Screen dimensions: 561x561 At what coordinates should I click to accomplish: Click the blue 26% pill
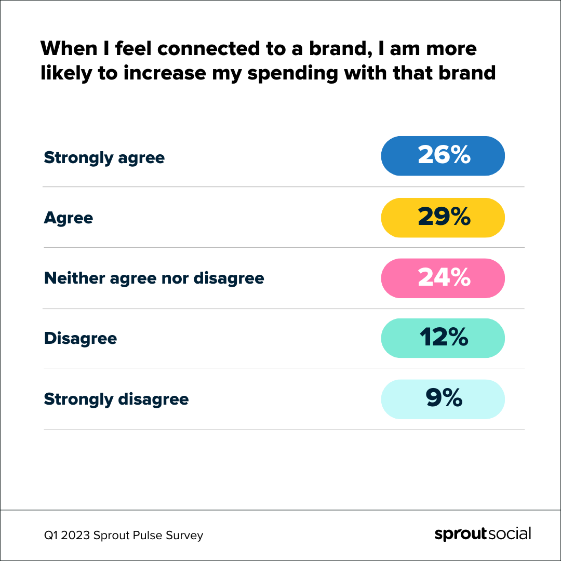pyautogui.click(x=443, y=156)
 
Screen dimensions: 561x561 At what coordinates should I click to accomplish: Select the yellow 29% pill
pyautogui.click(x=443, y=217)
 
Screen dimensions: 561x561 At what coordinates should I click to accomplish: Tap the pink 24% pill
pyautogui.click(x=443, y=278)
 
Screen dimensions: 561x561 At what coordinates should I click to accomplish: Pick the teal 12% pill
pyautogui.click(x=443, y=338)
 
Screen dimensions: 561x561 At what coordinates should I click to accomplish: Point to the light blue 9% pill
pyautogui.click(x=443, y=399)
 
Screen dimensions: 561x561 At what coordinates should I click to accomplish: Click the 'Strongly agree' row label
pyautogui.click(x=104, y=157)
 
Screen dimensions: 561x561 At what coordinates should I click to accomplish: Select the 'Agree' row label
pyautogui.click(x=68, y=218)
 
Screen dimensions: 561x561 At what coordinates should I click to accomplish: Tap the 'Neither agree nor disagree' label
pyautogui.click(x=154, y=278)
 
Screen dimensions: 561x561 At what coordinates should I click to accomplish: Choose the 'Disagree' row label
pyautogui.click(x=81, y=339)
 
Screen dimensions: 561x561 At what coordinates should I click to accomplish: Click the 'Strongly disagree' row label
pyautogui.click(x=116, y=399)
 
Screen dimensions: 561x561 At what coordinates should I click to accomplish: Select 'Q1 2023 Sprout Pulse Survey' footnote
pyautogui.click(x=123, y=535)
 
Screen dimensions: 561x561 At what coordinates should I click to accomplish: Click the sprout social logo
pyautogui.click(x=483, y=535)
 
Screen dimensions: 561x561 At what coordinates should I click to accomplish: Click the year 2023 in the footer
pyautogui.click(x=76, y=535)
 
